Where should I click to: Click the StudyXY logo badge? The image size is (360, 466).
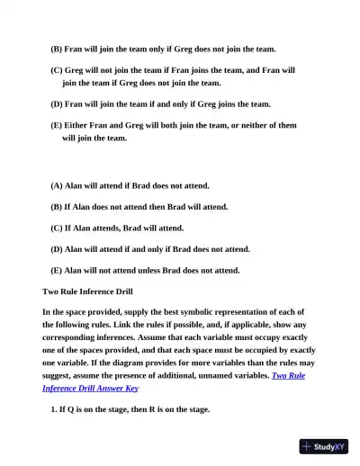[324, 445]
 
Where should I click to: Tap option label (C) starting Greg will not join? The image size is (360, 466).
[57, 69]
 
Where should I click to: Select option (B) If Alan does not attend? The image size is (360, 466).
[139, 206]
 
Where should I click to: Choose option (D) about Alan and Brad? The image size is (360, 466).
[149, 248]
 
